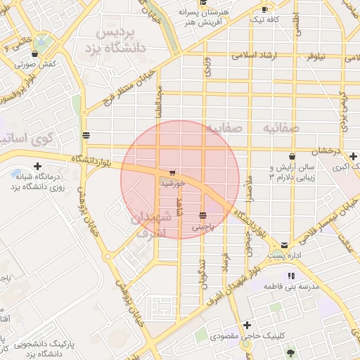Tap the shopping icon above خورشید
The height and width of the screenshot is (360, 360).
click(x=172, y=173)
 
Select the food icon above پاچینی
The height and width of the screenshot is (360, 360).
click(x=203, y=214)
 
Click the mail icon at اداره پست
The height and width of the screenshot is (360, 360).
click(x=284, y=245)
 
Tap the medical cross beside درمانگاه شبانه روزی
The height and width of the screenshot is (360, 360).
click(x=37, y=166)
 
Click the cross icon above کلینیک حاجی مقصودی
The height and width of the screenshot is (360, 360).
click(x=247, y=325)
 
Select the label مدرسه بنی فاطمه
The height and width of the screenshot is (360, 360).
click(x=291, y=287)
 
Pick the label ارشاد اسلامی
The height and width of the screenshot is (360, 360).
click(x=256, y=54)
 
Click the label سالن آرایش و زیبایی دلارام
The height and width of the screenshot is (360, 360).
click(x=291, y=174)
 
